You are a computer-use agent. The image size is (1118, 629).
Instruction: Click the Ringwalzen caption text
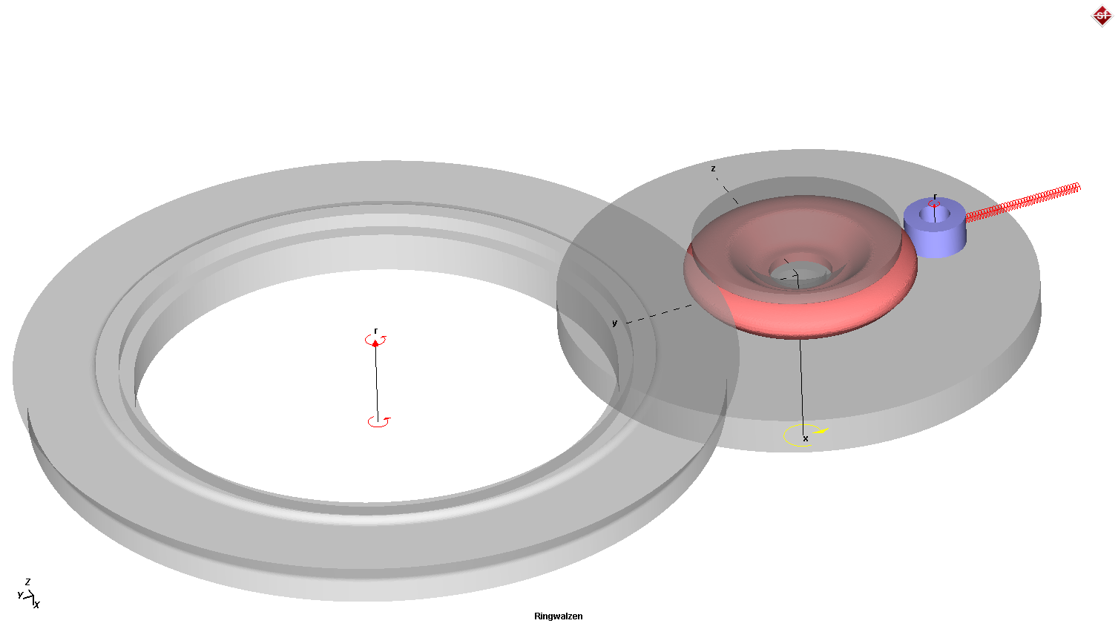tap(558, 616)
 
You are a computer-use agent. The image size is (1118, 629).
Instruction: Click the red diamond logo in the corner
tap(1102, 16)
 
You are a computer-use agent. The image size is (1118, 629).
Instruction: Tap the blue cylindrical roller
tap(935, 234)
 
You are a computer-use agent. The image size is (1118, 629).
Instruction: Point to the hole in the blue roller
tap(935, 214)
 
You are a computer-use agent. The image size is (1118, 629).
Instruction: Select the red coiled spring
tap(1023, 202)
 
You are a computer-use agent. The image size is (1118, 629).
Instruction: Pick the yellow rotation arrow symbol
tap(805, 435)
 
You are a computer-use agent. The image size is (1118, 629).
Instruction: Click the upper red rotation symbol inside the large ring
tap(375, 341)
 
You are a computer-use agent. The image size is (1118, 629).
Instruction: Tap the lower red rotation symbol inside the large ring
tap(379, 422)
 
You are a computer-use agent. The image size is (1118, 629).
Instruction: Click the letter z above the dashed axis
tap(713, 168)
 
